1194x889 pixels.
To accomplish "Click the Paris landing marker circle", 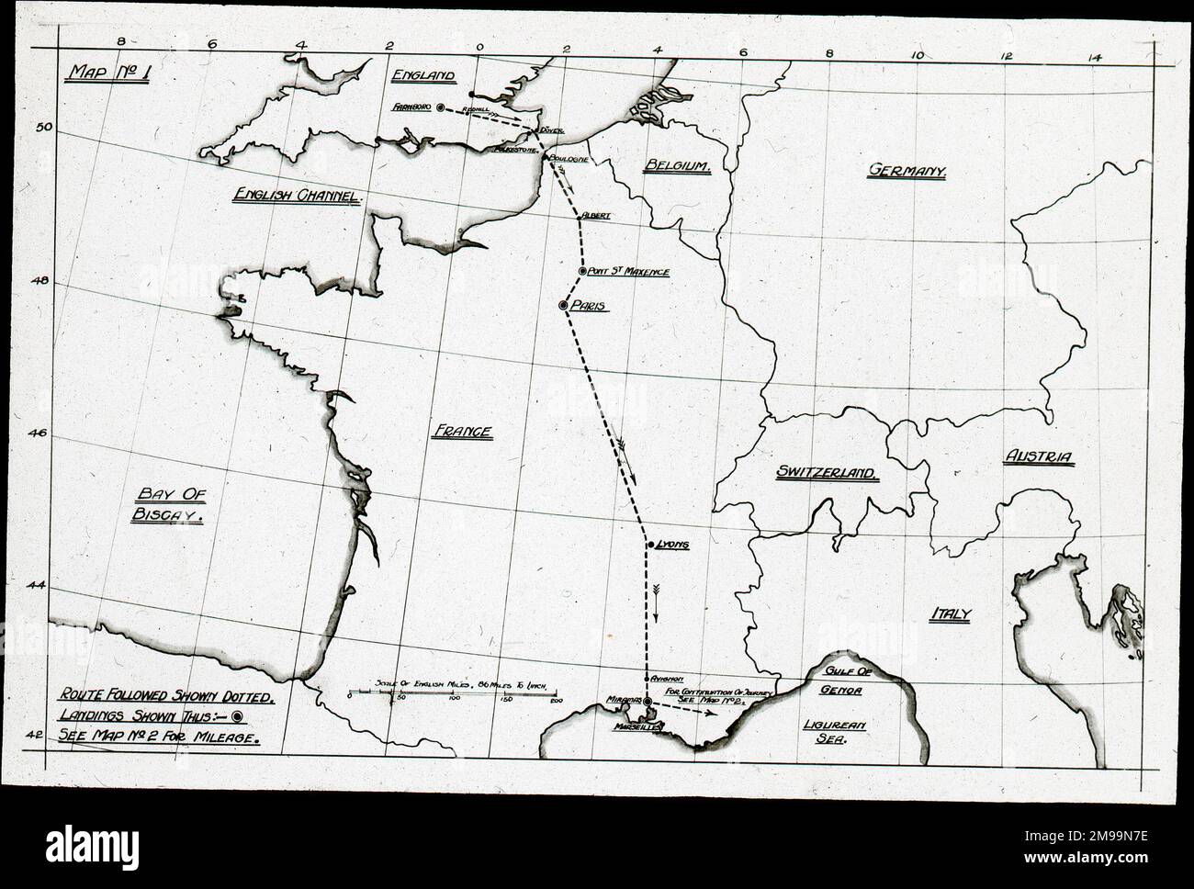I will click(563, 305).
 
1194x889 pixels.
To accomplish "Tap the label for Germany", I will click(907, 170).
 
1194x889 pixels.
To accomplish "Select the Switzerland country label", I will click(827, 472).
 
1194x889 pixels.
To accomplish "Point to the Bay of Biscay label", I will click(167, 505).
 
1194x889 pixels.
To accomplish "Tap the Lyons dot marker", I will click(650, 545).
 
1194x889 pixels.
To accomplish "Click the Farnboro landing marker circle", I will click(440, 107).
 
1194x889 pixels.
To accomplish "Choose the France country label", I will click(461, 432).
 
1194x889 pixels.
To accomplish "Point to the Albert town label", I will click(595, 215).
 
